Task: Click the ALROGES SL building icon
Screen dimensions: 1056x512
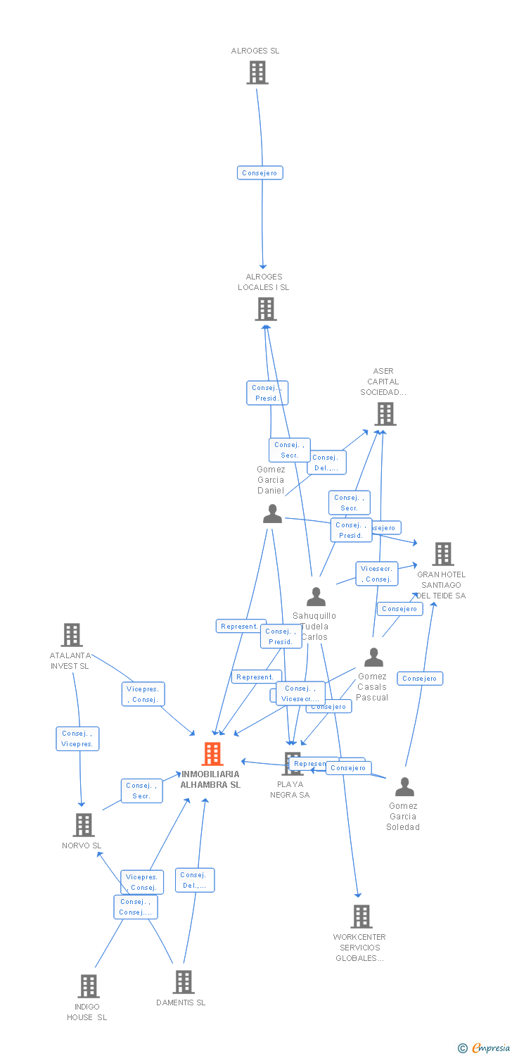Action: coord(257,73)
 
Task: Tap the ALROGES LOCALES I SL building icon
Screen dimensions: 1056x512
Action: coord(266,309)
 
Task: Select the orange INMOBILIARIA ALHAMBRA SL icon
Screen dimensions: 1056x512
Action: coord(212,754)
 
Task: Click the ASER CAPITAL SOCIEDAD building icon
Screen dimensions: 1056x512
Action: coord(385,414)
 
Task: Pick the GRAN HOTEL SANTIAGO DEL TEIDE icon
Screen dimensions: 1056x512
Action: coord(443,554)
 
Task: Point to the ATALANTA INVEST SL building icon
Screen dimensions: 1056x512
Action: coord(72,635)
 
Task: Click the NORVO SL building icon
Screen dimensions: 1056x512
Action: coord(84,825)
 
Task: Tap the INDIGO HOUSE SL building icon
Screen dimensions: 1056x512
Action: coord(89,986)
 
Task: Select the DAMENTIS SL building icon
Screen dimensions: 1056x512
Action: coord(184,982)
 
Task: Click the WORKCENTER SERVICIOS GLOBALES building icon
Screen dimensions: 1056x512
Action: coord(361,917)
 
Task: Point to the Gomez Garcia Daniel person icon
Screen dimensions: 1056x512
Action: coord(272,514)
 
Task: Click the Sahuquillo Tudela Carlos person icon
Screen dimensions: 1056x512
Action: coord(316,597)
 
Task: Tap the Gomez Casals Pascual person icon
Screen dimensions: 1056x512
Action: coord(373,658)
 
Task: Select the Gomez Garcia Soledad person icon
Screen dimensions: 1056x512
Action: coord(404,786)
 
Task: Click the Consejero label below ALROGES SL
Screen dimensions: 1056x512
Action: coord(260,172)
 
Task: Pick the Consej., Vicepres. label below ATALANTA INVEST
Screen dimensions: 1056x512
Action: coord(78,738)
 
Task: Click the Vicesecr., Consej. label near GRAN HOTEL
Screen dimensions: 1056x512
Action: coord(377,574)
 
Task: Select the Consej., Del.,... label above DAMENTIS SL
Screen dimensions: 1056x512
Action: coord(194,880)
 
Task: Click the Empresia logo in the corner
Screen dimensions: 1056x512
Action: coord(485,1048)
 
